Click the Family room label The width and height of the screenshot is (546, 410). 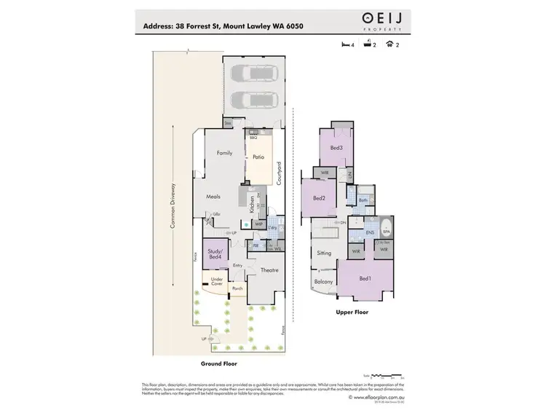pyautogui.click(x=224, y=153)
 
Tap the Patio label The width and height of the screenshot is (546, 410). pyautogui.click(x=258, y=157)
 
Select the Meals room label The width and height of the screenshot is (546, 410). pyautogui.click(x=213, y=197)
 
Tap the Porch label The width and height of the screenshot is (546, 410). pyautogui.click(x=237, y=288)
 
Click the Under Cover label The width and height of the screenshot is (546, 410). pyautogui.click(x=216, y=282)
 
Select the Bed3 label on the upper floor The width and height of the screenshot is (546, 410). pyautogui.click(x=336, y=148)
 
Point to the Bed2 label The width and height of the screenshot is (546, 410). pyautogui.click(x=319, y=198)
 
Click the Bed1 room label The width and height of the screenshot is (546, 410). pyautogui.click(x=365, y=278)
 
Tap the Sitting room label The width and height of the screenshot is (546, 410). pyautogui.click(x=325, y=253)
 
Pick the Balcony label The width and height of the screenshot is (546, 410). pyautogui.click(x=323, y=282)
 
